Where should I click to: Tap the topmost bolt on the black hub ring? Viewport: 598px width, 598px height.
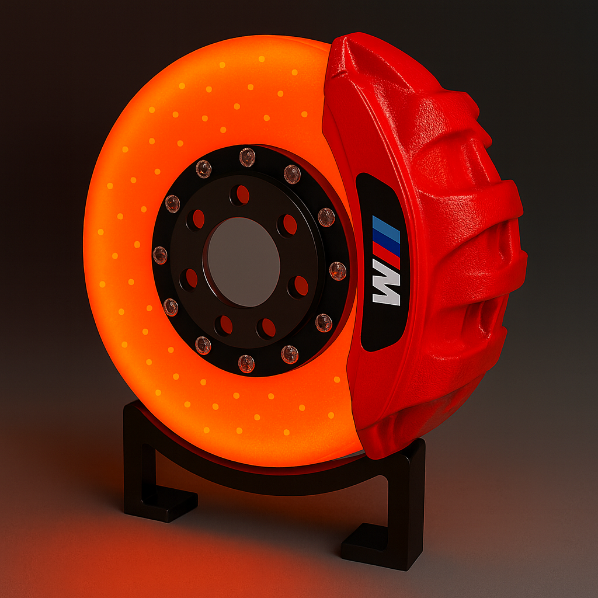point(247,157)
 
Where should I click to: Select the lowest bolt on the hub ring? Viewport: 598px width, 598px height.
point(246,363)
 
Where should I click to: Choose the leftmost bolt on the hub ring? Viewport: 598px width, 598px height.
point(160,255)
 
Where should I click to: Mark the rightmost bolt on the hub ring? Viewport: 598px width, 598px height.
point(338,271)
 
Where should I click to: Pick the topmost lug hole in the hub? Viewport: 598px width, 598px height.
point(240,194)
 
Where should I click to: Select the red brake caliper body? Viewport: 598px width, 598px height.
point(461,234)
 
